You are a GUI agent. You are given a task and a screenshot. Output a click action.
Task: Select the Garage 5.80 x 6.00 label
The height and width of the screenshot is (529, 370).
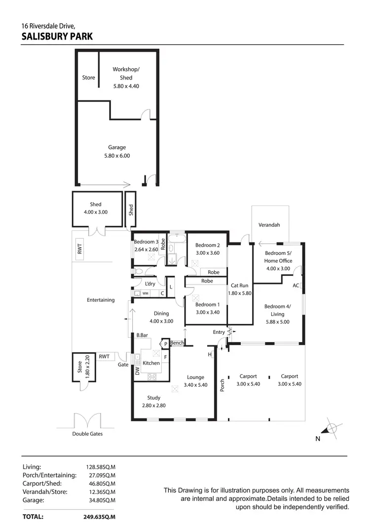coord(117,152)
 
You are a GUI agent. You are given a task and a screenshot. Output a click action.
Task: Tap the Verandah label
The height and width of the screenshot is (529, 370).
coord(269,225)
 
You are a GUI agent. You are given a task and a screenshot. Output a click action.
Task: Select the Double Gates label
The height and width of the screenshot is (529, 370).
coord(87,434)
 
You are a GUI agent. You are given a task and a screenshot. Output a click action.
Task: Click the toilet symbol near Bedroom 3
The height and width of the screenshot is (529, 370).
coord(139,271)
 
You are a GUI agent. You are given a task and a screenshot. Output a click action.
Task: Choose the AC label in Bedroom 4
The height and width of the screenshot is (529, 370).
coord(296,285)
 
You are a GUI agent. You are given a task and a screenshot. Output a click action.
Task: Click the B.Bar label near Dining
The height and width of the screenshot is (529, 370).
coord(143,335)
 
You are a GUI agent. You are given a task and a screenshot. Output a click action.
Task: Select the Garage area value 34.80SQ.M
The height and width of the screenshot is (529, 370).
coord(101,500)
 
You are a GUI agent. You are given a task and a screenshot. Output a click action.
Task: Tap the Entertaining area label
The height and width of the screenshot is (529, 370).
coord(101,300)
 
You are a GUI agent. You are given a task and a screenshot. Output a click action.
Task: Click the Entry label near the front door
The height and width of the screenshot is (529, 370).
coord(219,332)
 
